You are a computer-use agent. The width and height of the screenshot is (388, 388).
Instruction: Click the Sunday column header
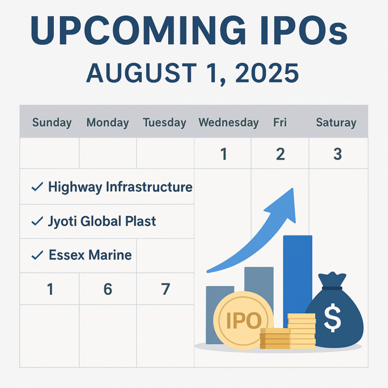click(52, 123)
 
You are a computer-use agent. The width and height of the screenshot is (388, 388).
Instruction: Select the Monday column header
click(108, 123)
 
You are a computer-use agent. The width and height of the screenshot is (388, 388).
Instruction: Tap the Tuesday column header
click(165, 123)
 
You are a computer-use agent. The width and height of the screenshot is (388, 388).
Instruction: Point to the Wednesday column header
click(228, 123)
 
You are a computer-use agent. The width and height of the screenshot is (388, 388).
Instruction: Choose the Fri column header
click(280, 123)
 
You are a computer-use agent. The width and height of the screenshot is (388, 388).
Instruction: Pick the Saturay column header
click(336, 123)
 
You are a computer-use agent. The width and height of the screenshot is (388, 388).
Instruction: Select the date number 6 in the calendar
click(108, 289)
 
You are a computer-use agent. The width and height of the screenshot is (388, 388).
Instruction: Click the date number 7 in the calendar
click(165, 289)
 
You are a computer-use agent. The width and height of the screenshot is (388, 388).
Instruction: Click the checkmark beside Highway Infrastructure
click(37, 187)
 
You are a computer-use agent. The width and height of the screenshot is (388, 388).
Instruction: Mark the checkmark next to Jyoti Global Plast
click(37, 221)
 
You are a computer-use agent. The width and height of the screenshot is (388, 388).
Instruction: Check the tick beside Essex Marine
click(37, 255)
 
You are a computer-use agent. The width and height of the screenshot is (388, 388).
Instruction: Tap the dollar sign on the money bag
click(332, 319)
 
